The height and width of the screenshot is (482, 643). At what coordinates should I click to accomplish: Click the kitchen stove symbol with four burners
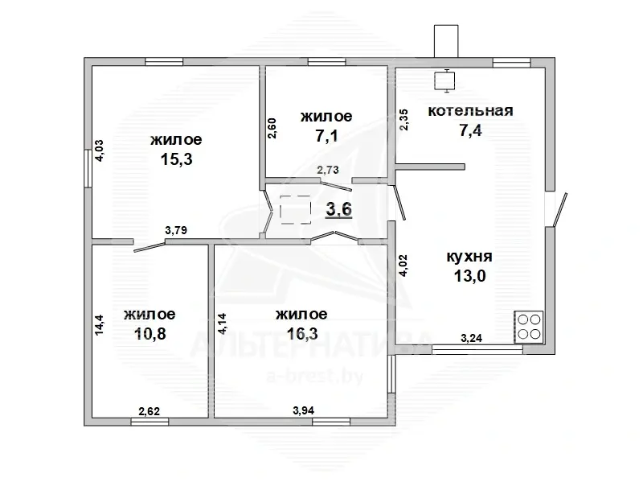click(529, 327)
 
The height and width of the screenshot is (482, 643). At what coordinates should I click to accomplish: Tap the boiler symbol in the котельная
click(444, 80)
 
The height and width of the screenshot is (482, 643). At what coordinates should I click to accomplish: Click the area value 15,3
click(176, 159)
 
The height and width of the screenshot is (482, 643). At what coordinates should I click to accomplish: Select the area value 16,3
click(302, 333)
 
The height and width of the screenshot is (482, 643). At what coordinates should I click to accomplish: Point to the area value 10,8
click(150, 333)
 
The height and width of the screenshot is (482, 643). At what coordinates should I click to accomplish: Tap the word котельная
click(470, 111)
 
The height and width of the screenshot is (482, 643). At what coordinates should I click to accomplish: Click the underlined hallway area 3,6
click(338, 209)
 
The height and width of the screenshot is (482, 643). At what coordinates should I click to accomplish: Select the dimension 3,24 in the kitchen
click(472, 338)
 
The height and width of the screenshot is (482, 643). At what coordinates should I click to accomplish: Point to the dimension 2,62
click(149, 411)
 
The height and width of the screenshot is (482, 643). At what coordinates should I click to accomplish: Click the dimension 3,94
click(304, 410)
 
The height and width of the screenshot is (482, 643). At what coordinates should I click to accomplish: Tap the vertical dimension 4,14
click(223, 324)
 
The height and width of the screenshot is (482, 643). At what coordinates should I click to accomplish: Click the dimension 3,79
click(176, 230)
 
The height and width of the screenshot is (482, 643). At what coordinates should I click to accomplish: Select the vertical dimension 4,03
click(99, 150)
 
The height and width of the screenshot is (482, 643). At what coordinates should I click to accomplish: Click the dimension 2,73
click(328, 170)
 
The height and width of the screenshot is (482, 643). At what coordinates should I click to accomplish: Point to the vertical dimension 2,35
click(404, 119)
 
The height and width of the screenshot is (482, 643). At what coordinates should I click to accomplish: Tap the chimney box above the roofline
click(446, 41)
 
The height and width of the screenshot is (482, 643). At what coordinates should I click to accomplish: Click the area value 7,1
click(326, 135)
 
